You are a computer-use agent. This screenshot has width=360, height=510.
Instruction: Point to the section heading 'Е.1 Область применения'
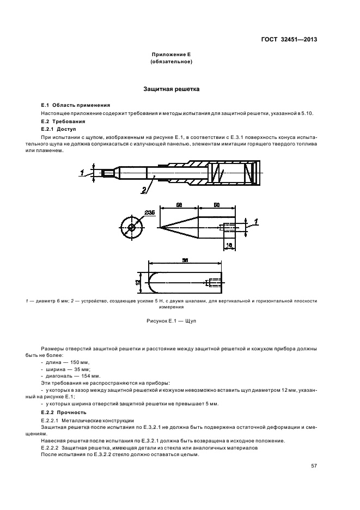[76, 105]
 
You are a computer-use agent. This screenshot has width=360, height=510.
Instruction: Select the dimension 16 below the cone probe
[230, 246]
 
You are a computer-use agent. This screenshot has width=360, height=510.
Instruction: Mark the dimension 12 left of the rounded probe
[138, 282]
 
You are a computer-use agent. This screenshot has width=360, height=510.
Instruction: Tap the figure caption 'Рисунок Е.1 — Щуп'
[171, 321]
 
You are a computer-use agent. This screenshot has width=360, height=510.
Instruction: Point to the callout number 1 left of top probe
[82, 172]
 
